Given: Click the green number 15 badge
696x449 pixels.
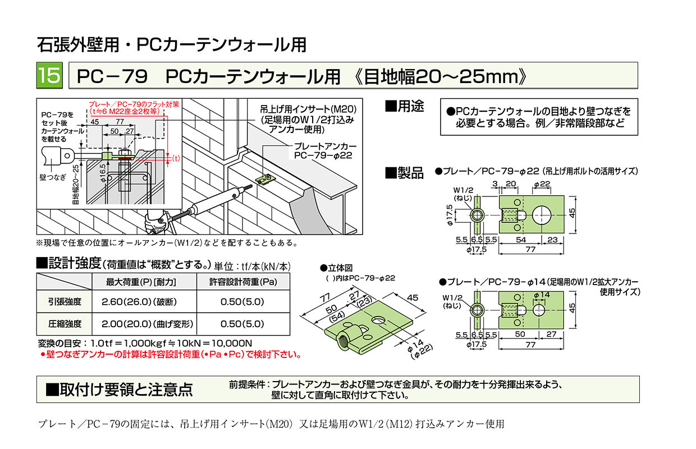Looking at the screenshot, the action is pos(49,75).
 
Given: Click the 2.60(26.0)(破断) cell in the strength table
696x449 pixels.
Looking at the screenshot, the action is pos(139,302).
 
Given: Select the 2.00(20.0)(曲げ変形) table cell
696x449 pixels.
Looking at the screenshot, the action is pos(147,324).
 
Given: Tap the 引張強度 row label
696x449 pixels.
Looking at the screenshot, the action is pos(65,302).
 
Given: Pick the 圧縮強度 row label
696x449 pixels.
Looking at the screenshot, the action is pos(65,324).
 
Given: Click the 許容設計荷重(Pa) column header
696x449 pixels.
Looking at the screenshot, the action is pos(243,282).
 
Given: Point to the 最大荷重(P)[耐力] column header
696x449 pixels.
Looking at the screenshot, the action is pos(141,282).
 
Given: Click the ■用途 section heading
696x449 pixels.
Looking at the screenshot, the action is pos(404,106).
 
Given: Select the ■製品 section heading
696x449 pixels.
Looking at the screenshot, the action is pos(404,173).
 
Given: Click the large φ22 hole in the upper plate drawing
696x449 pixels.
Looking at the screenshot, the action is pos(541,215).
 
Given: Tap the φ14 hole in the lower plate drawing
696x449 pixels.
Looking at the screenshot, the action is pos(539,310).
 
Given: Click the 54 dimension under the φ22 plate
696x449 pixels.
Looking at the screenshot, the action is pos(521,240).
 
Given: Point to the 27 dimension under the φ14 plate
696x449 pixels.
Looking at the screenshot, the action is pos(551,335).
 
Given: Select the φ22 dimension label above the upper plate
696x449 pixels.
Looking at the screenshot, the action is pos(542,184).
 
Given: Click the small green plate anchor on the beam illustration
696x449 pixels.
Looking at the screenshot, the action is pos(265,180).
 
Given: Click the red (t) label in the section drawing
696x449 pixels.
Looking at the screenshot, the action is pos(176,158).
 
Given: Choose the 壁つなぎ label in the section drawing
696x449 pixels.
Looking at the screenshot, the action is pos(53,177).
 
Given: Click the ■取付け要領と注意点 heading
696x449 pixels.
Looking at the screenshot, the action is pos(119,390).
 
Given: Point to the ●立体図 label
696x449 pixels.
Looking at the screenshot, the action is pos(336,268).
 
